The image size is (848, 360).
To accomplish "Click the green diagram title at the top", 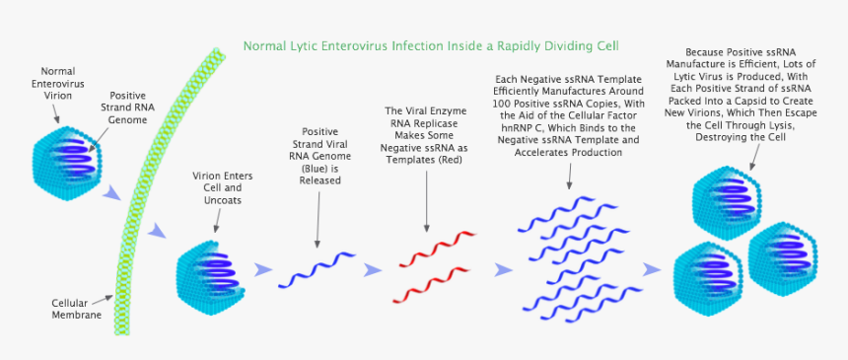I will pyautogui.click(x=431, y=45).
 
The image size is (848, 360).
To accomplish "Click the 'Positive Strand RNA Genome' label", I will pyautogui.click(x=127, y=107).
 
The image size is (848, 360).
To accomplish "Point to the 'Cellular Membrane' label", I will pyautogui.click(x=77, y=309).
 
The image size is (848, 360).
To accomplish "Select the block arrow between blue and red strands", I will pyautogui.click(x=373, y=269).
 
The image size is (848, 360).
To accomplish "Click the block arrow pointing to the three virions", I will pyautogui.click(x=652, y=268).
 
